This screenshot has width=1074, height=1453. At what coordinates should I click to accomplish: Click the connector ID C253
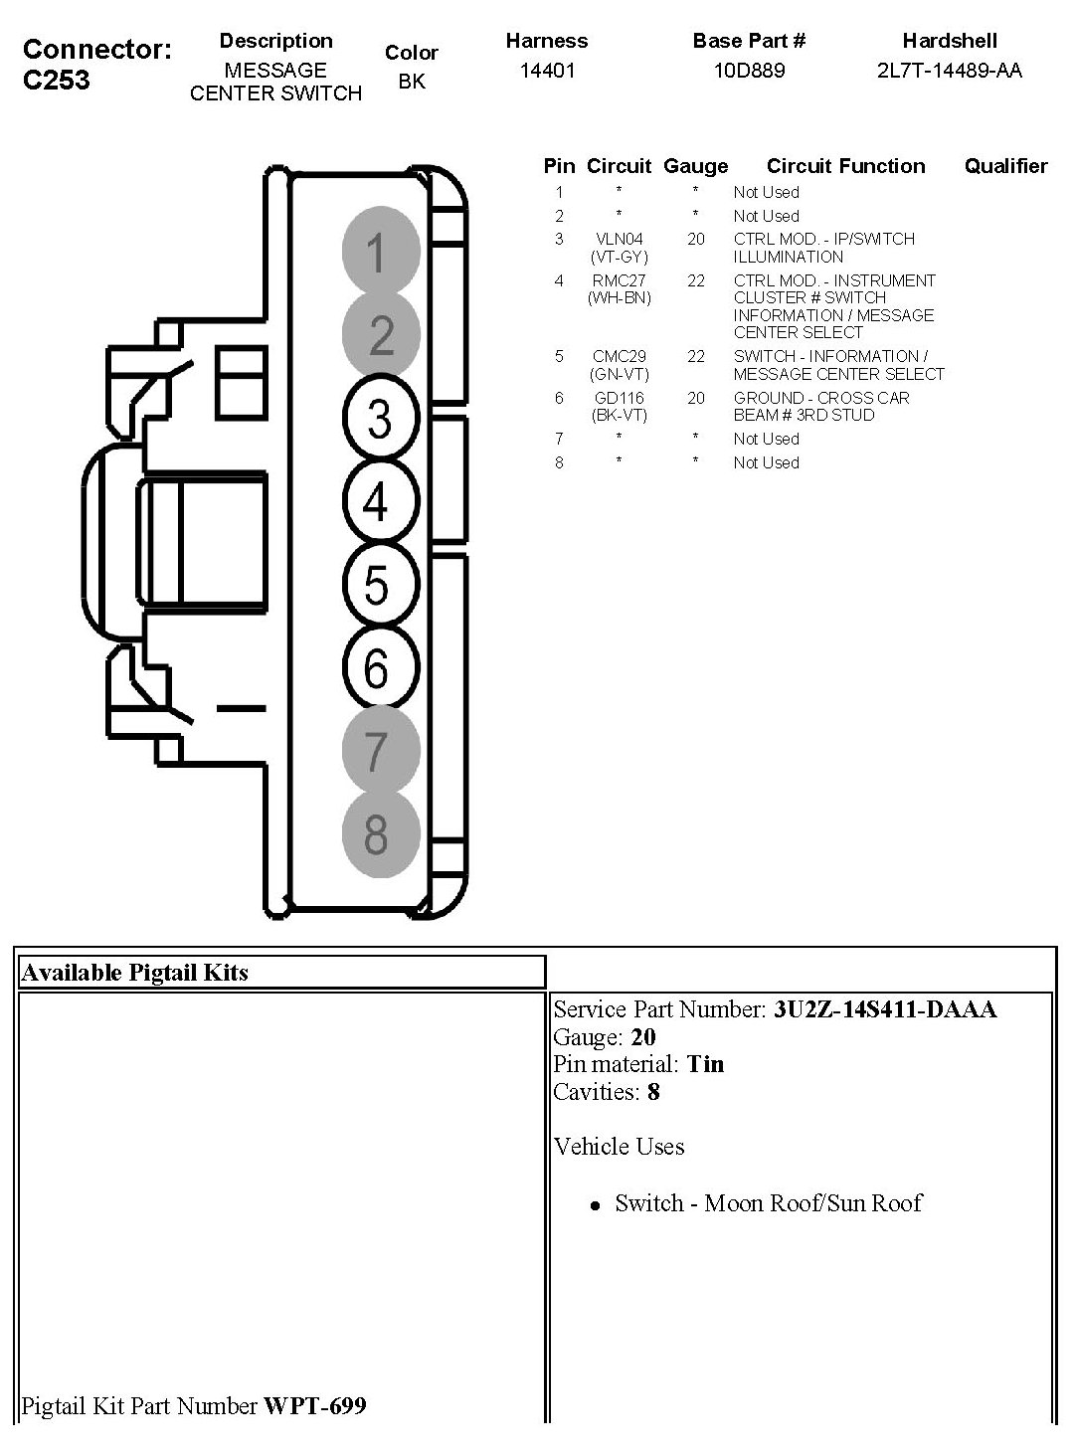[x=57, y=81]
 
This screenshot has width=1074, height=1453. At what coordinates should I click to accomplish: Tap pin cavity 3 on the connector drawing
[x=380, y=418]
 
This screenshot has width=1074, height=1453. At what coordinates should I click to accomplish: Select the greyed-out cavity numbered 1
[x=379, y=252]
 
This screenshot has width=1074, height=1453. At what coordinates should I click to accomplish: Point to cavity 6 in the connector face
[x=378, y=667]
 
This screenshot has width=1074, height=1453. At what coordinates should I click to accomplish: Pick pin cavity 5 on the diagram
[x=378, y=585]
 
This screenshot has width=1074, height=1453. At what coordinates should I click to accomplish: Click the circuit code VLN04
[x=619, y=239]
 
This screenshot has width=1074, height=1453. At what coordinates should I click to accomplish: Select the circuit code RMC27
[x=619, y=280]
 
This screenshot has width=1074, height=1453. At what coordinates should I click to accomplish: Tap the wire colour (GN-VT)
[x=619, y=374]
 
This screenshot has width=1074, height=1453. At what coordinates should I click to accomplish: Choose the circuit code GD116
[x=619, y=398]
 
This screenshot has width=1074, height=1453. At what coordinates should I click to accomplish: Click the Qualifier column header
[x=1005, y=166]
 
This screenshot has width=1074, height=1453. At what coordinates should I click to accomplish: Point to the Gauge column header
[x=695, y=166]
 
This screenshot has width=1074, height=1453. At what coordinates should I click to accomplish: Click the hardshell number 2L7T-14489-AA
[x=949, y=70]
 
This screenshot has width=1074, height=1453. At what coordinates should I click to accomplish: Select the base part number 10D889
[x=749, y=70]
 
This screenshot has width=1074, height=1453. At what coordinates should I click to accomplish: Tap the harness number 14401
[x=547, y=70]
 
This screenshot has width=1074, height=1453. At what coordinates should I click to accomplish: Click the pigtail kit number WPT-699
[x=314, y=1405]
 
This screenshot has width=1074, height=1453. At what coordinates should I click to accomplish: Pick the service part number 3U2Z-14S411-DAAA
[x=884, y=1009]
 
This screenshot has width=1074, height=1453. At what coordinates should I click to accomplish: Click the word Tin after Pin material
[x=705, y=1064]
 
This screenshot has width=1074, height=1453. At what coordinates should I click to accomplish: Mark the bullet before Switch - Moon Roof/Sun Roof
[x=595, y=1205]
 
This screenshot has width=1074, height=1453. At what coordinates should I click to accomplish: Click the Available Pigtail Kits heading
[x=134, y=973]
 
